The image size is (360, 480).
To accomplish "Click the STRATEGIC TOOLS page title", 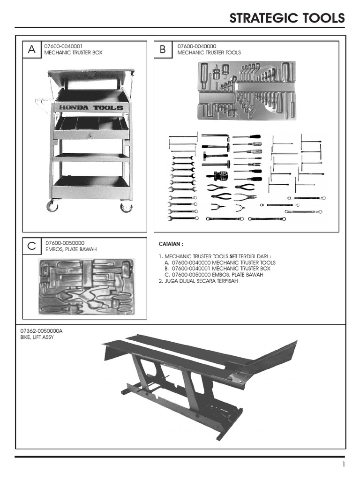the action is pos(287,18).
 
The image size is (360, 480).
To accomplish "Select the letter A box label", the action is pos(31,49).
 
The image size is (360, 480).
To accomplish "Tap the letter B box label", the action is pos(163,49).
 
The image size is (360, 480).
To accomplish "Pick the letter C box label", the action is pos(31,246).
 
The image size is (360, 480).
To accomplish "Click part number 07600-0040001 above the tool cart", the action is pos(63,46).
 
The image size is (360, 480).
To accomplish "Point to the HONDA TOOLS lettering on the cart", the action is pos(91,107).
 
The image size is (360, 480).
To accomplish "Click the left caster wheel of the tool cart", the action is pos(52,206).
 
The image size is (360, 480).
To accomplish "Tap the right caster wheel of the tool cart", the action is pos(126,207).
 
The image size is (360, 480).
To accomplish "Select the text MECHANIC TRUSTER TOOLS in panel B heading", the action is pos(209,52).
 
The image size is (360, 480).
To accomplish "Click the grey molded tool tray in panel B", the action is pos(247,90).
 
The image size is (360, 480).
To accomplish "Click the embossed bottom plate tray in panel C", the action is pos(86,286).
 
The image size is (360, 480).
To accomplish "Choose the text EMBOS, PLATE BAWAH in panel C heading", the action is pos(71,249).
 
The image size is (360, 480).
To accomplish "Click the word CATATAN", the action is pos(171,244).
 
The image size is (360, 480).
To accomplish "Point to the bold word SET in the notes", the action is pos(233,256).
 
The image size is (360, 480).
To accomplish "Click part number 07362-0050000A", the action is pos(41,331).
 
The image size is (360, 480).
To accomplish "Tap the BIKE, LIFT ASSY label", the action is pos(37,337).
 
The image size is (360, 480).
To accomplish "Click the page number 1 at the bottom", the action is pos(344,464).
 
